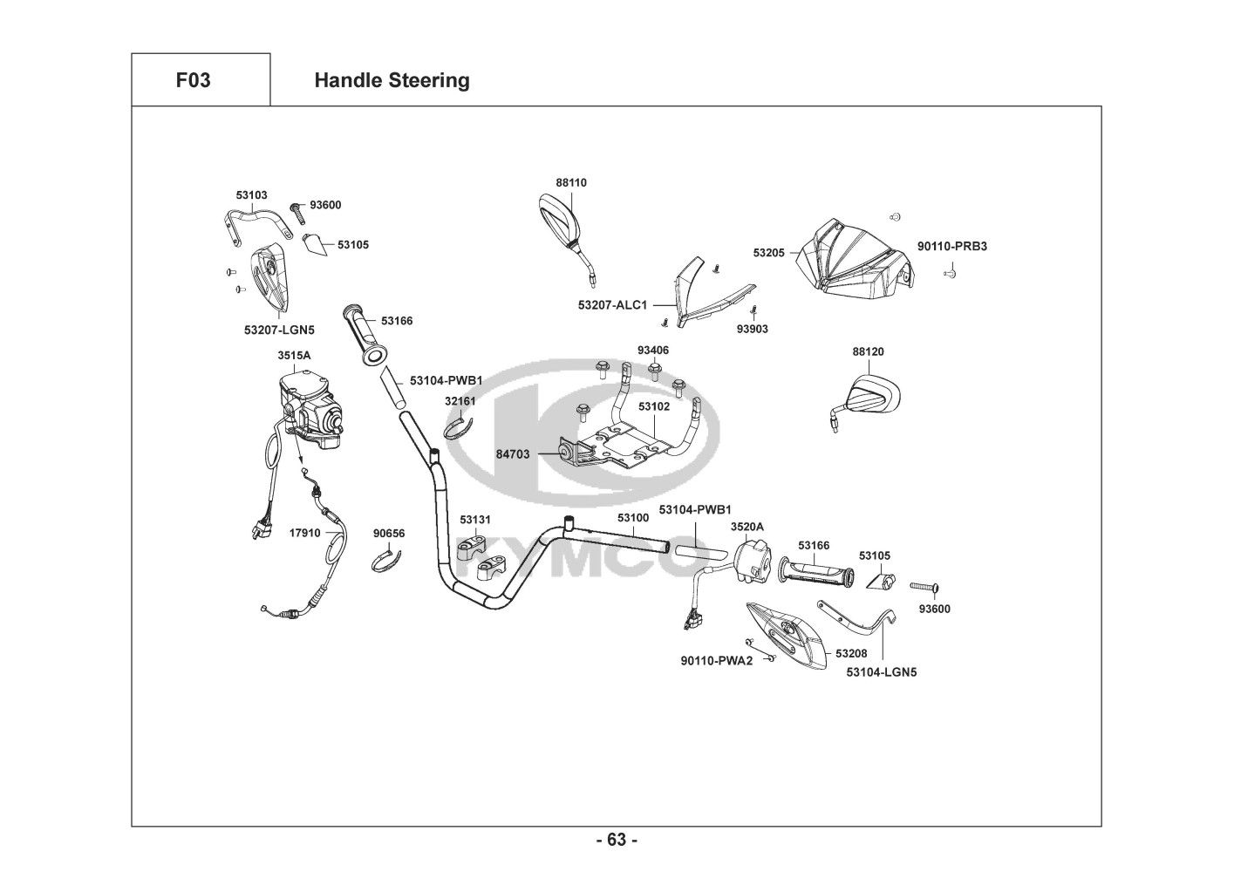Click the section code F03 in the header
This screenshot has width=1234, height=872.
point(193,80)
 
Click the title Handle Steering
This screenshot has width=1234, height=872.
point(392,80)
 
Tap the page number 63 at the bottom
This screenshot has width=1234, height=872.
point(617,840)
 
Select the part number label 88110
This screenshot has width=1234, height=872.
point(571,183)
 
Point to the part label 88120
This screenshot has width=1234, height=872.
point(868,351)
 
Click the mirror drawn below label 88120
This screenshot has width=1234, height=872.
point(869,397)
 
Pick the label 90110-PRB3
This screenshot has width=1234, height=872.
point(951,246)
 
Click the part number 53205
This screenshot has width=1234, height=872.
point(769,253)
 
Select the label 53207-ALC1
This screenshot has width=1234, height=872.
point(612,305)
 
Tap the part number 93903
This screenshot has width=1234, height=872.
point(752,330)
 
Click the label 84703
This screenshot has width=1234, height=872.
point(513,454)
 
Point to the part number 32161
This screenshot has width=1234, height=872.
point(460,401)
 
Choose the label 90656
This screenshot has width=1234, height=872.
point(389,533)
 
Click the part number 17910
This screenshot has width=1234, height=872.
point(304,532)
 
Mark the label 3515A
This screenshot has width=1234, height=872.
point(294,356)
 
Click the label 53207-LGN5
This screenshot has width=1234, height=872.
point(279,330)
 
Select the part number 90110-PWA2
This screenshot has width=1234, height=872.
point(716,660)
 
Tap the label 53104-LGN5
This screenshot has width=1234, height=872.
point(882,671)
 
